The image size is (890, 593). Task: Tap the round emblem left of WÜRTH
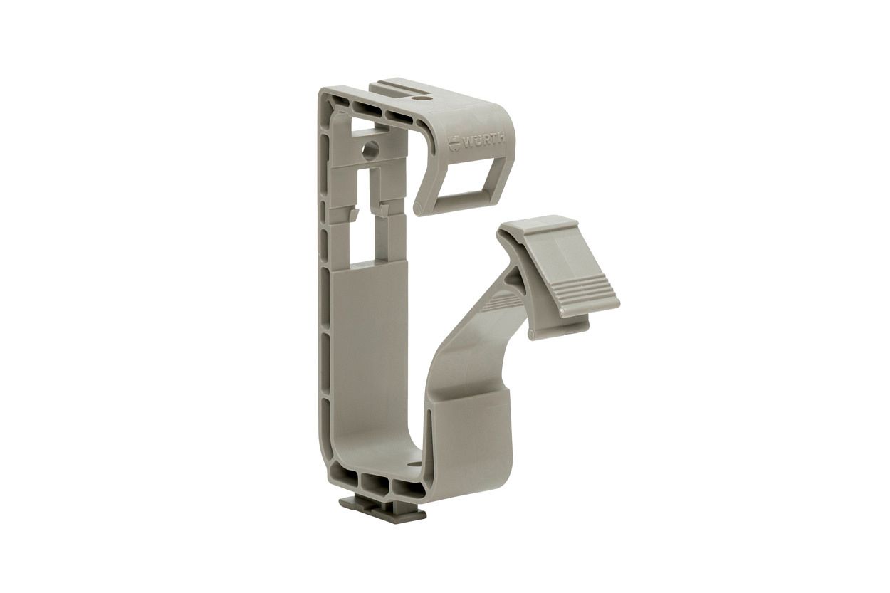click(x=454, y=143)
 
